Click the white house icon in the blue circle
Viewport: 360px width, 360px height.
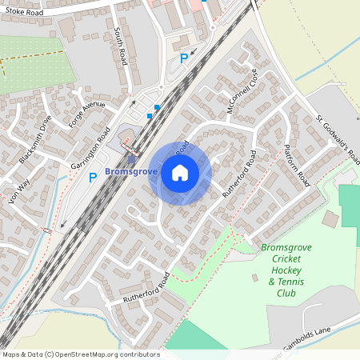[180, 173]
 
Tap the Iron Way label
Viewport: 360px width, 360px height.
[19, 191]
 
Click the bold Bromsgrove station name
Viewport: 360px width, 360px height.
[131, 171]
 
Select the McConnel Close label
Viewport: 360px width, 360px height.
[242, 90]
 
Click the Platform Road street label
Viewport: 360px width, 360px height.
[297, 166]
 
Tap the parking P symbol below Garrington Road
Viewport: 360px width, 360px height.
[93, 178]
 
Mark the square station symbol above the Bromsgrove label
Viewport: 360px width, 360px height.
[131, 158]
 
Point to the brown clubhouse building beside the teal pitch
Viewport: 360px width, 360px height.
[330, 218]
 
